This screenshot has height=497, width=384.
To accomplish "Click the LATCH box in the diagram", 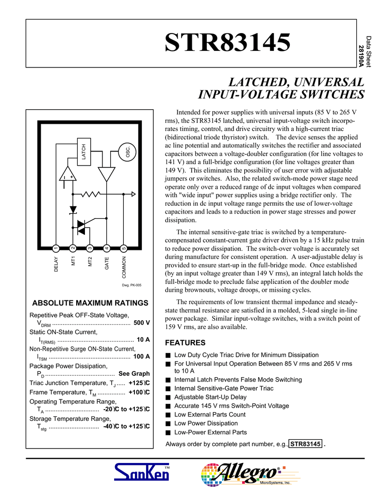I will [83, 151].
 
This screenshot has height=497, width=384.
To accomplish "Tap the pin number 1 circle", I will [56, 248].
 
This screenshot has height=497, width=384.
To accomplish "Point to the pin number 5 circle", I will [124, 248].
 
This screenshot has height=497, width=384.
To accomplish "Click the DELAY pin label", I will [56, 265].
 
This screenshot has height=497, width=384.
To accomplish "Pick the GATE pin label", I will [107, 264].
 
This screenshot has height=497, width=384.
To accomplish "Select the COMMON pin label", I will [124, 267].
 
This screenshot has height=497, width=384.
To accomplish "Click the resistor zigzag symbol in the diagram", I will [90, 194].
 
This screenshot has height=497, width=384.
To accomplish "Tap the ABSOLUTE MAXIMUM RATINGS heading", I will [90, 303].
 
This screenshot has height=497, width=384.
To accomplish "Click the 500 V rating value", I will [141, 323].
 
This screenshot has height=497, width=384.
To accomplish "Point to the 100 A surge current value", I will [141, 357].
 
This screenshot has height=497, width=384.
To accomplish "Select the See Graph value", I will [134, 374].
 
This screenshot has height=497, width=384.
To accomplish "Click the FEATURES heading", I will [185, 342].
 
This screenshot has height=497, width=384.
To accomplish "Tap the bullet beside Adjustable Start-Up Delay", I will [168, 398].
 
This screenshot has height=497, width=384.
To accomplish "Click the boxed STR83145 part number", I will [305, 444].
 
